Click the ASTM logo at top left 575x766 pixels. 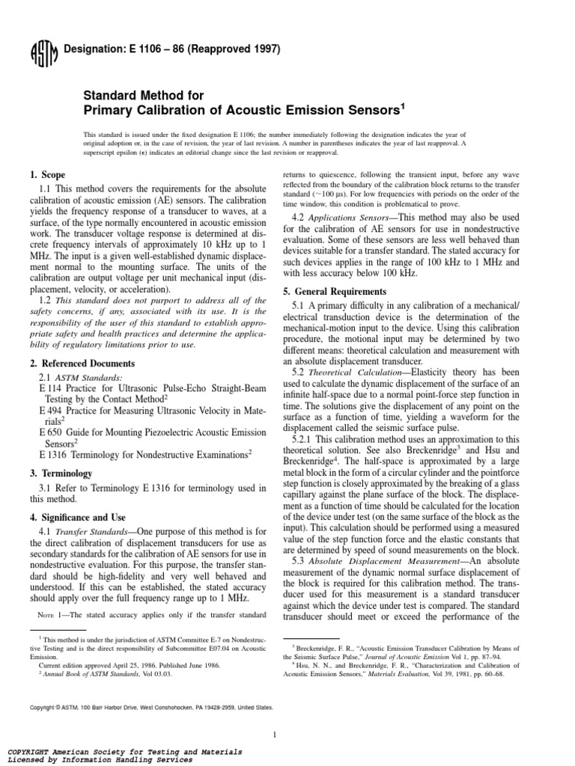coord(38,52)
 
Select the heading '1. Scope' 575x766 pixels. coord(46,174)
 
